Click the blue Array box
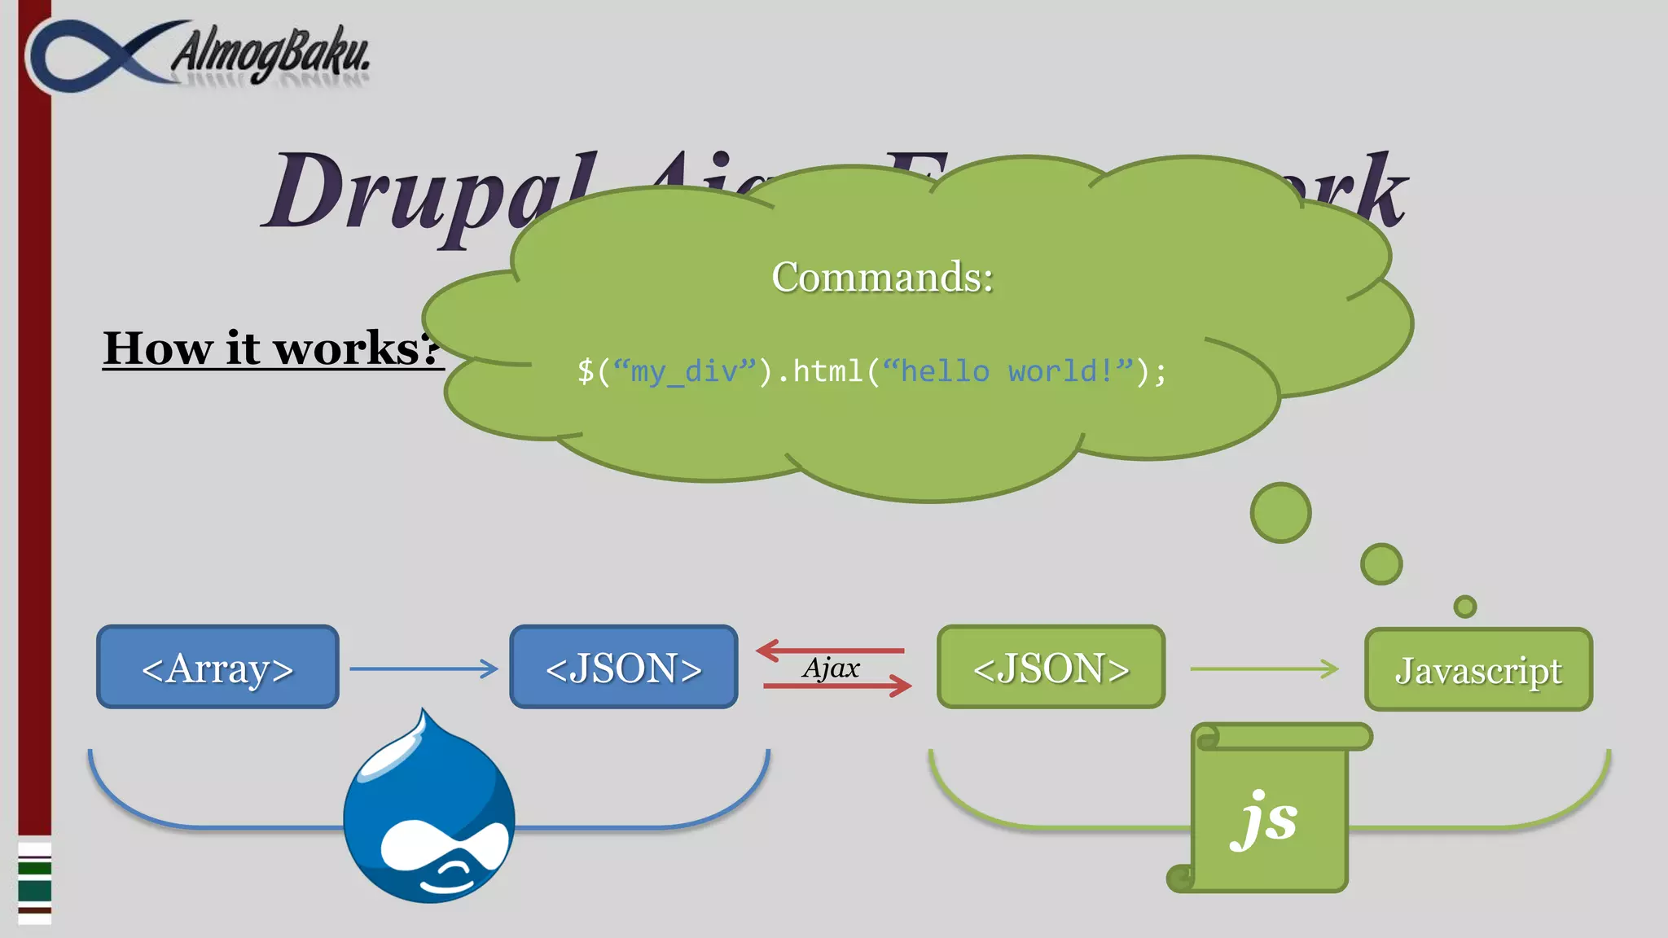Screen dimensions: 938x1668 pyautogui.click(x=217, y=667)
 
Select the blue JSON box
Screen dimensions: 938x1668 pyautogui.click(x=624, y=667)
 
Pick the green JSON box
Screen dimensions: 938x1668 pyautogui.click(x=1051, y=667)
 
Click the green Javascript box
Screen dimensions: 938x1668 pyautogui.click(x=1478, y=669)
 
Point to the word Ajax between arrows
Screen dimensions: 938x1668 pyautogui.click(x=831, y=668)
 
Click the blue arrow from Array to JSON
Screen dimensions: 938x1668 pyautogui.click(x=424, y=668)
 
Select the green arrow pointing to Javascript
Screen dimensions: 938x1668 pyautogui.click(x=1264, y=668)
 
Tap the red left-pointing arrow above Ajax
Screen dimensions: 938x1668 pyautogui.click(x=831, y=651)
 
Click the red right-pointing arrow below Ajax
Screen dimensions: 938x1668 pyautogui.click(x=837, y=686)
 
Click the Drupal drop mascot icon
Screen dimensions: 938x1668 pyautogui.click(x=429, y=814)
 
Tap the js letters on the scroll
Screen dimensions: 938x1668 pyautogui.click(x=1264, y=821)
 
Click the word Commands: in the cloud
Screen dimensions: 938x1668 pyautogui.click(x=882, y=277)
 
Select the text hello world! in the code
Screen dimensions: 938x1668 pyautogui.click(x=1007, y=371)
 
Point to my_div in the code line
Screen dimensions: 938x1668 pyautogui.click(x=684, y=371)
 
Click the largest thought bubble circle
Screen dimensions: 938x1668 pyautogui.click(x=1280, y=513)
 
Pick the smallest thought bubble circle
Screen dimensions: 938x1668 pyautogui.click(x=1464, y=607)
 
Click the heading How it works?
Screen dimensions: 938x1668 pyautogui.click(x=273, y=348)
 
